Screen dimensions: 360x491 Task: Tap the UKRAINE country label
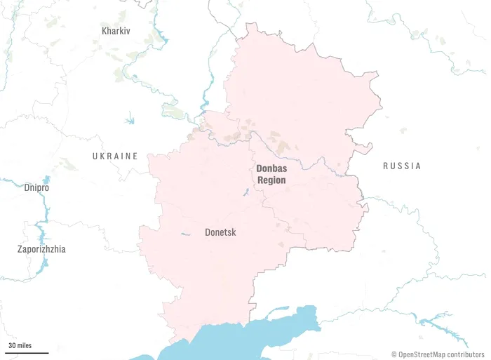(115, 156)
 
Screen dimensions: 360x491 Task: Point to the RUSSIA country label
(402, 166)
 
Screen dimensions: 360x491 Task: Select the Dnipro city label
(36, 188)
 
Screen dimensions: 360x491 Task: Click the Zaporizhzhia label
(42, 249)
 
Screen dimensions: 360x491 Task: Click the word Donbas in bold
(271, 168)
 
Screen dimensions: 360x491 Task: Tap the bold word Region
(271, 180)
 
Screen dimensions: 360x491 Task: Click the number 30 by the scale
(12, 346)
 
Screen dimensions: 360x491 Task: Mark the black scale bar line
(28, 352)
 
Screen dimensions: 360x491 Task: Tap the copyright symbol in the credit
(394, 354)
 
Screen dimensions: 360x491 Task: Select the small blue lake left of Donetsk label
(184, 234)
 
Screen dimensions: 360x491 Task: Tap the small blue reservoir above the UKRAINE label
(130, 121)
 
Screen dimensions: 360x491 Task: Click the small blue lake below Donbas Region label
(246, 192)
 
